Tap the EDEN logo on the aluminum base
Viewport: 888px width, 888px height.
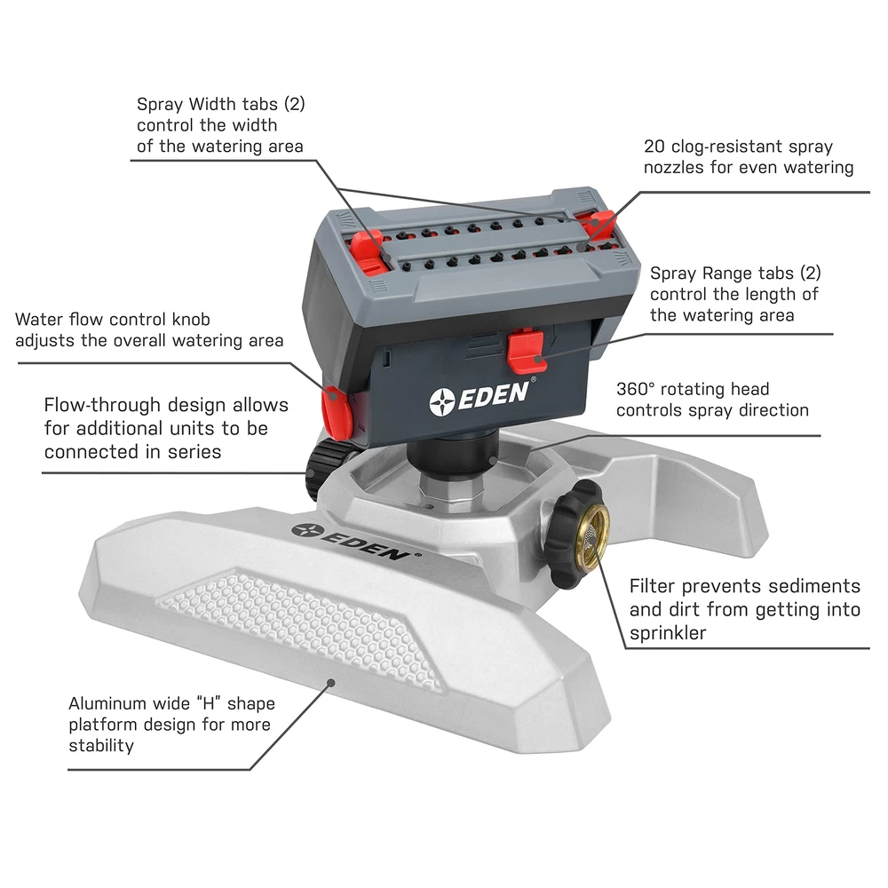click(356, 542)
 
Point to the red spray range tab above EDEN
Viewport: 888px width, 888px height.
click(527, 351)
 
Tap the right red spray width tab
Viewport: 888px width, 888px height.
click(598, 224)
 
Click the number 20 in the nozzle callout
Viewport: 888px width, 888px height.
click(654, 147)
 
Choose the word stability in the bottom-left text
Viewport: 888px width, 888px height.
click(101, 746)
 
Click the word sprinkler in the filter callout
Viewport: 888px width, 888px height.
click(668, 633)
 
